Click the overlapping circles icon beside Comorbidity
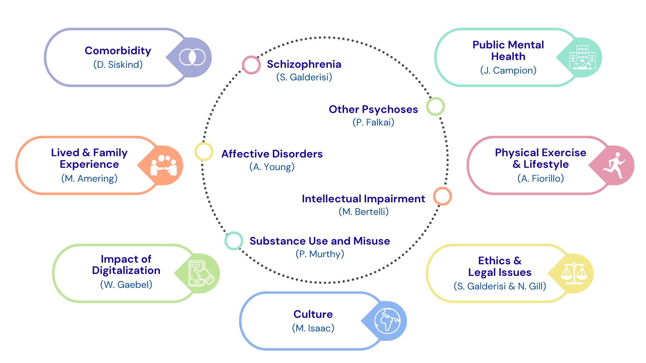click(192, 57)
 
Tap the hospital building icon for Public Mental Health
click(582, 57)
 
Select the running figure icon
click(614, 165)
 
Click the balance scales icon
click(574, 273)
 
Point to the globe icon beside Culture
click(387, 321)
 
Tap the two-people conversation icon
click(164, 165)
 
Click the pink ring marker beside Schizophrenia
click(251, 65)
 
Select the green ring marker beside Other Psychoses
click(435, 106)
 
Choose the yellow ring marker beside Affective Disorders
click(204, 151)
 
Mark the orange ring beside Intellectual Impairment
click(442, 196)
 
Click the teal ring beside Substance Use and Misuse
click(234, 241)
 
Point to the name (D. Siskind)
click(118, 65)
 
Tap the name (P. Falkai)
click(373, 122)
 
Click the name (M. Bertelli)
click(363, 212)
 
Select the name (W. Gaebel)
click(126, 285)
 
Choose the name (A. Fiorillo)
click(540, 178)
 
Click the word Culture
click(313, 314)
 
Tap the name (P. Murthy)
click(320, 254)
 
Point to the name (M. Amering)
click(89, 178)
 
